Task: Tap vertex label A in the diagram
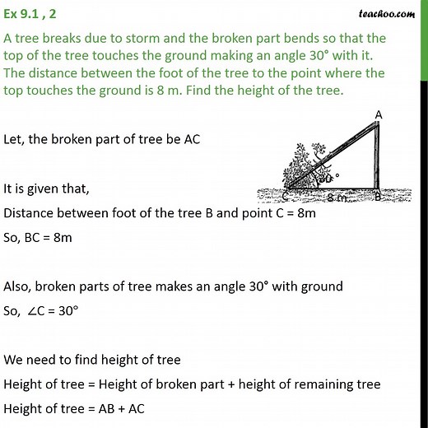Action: [x=377, y=114]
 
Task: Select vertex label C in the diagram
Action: [x=285, y=196]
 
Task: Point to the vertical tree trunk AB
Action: [x=377, y=156]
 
